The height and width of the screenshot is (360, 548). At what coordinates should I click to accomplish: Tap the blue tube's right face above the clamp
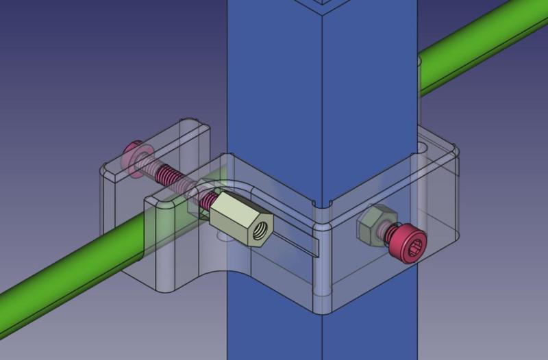click(x=370, y=68)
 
